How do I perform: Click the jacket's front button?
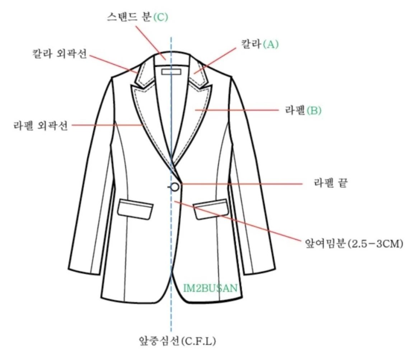175,187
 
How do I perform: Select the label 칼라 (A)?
261,44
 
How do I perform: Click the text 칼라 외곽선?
59,55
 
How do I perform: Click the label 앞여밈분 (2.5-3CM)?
354,244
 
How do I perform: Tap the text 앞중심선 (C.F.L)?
177,341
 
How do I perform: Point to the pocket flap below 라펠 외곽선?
135,210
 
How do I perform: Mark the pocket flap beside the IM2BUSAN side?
211,210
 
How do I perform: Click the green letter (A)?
271,44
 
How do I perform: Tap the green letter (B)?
314,111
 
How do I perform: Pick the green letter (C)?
160,17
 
